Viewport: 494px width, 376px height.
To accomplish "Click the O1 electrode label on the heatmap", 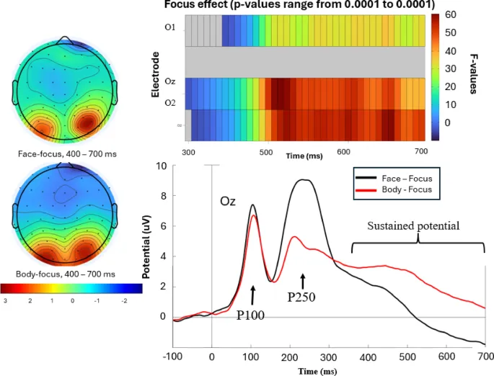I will pos(169,27).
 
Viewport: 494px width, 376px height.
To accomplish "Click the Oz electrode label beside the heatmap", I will pos(169,82).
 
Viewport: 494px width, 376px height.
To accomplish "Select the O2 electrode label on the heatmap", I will pos(169,102).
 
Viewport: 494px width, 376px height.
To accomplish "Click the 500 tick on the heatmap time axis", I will pos(266,152).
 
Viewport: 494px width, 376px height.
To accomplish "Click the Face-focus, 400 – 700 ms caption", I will pos(64,154).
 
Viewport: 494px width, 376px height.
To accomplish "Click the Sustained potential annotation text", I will pos(413,225).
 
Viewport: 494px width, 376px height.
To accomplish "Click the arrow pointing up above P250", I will pos(303,279).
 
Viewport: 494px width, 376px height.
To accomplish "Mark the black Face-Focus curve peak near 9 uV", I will pos(306,180).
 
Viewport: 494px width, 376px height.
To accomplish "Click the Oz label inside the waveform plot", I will pos(228,204).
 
